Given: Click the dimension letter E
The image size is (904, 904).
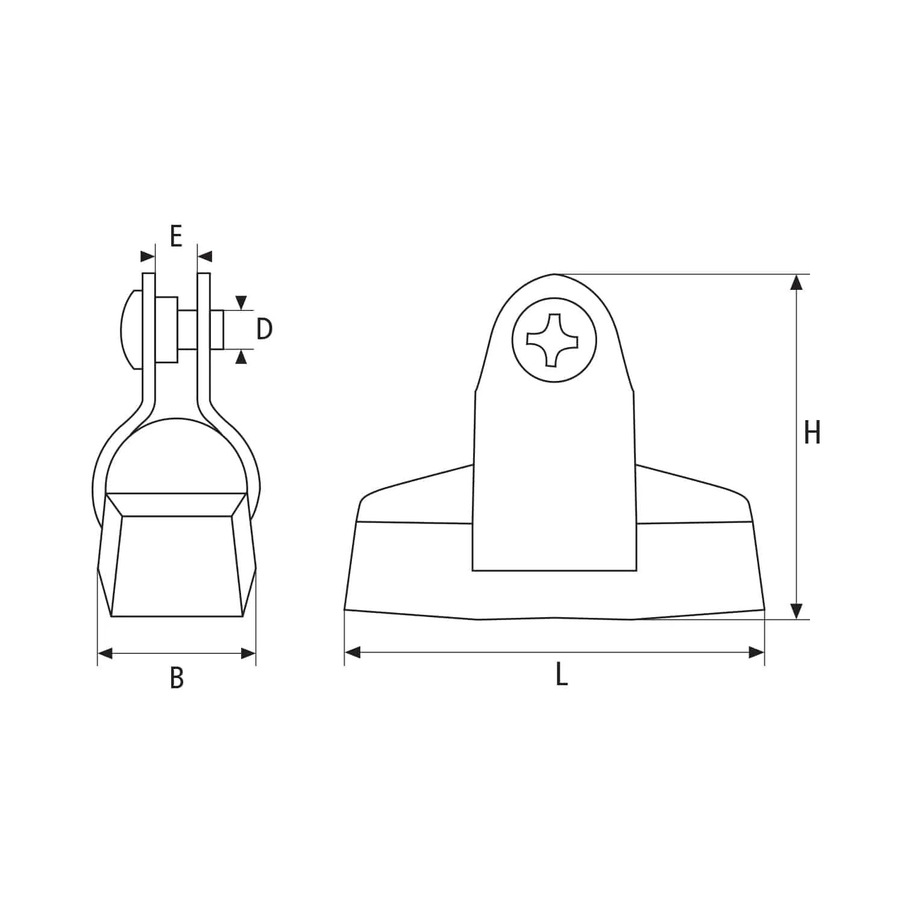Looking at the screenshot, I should pos(176,236).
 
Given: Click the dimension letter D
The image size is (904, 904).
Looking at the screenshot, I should pos(264,329).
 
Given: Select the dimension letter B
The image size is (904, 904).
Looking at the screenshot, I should pos(177,677).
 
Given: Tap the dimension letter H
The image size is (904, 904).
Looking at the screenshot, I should pos(812,433).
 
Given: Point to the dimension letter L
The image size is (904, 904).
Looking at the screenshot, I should pos(561,674).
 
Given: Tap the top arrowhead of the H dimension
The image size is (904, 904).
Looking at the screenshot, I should pos(797,282).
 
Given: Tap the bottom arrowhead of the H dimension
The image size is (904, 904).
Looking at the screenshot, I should pos(797,611).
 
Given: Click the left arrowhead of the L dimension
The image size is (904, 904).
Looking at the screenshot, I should pos(353,652).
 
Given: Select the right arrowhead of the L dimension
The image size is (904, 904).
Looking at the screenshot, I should pos(756,652).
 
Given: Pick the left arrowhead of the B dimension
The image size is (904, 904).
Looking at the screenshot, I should pos(105,653).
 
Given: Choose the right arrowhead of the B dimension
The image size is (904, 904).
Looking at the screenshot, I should pos(248,653).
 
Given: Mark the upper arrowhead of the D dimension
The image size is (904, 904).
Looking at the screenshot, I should pos(241,303).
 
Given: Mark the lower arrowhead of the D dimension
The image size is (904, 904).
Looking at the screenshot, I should pos(241,357).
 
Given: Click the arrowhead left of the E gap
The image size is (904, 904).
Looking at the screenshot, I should pos(147,257).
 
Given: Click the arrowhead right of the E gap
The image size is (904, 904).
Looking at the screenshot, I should pos(206,257).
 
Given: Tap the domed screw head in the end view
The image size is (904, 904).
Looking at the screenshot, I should pos(131,329).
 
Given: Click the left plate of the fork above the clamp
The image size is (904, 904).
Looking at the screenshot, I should pos(148,337).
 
